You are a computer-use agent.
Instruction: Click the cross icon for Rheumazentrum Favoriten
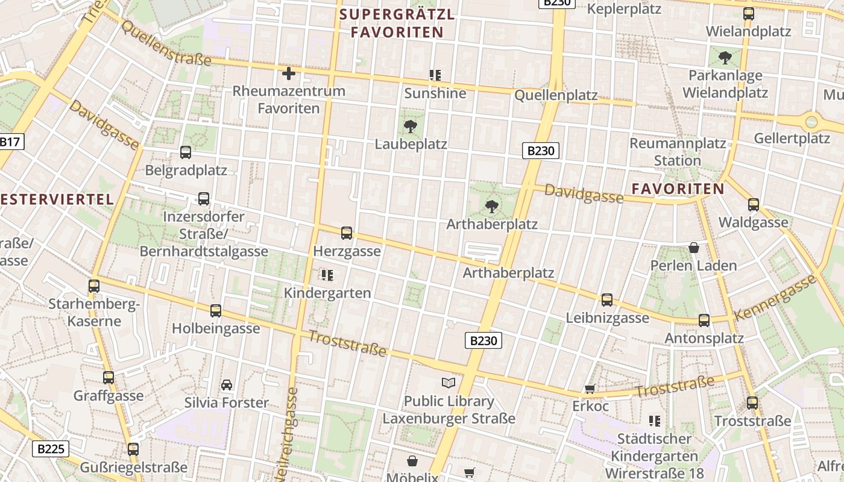pos(289,74)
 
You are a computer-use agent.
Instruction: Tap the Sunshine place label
pos(435,93)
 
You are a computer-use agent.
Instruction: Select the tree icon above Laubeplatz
pos(411,127)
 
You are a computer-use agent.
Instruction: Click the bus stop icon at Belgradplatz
pos(186,152)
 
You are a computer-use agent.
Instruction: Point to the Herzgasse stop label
pos(347,251)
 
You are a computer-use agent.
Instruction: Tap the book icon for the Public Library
pos(449,383)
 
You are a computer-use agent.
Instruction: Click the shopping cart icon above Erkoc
pos(590,389)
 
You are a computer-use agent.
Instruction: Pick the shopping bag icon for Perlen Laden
pos(694,248)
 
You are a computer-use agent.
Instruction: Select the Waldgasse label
pos(753,222)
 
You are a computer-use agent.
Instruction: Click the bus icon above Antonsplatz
pos(704,321)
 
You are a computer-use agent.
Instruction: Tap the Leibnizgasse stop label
pos(607,318)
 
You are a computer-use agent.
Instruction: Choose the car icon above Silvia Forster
pos(227,385)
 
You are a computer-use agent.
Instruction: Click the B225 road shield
pos(50,449)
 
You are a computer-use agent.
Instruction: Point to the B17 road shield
pos(10,143)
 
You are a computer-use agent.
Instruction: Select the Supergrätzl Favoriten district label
pos(397,23)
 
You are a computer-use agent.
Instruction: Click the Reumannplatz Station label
pos(678,152)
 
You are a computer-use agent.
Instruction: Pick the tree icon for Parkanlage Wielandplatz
pos(725,58)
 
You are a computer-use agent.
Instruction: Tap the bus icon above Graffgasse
pos(109,378)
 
